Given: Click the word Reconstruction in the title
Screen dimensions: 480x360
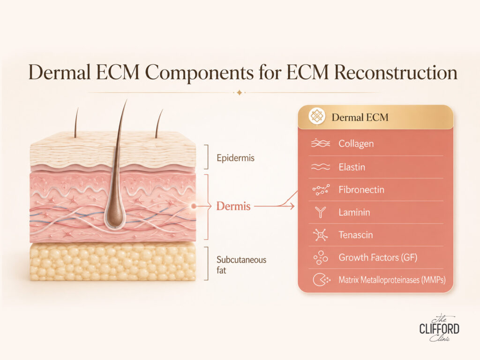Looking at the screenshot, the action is coord(396,73).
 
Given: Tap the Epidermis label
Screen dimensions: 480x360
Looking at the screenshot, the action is coord(235,158).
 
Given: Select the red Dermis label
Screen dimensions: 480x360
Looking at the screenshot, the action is coord(233,206).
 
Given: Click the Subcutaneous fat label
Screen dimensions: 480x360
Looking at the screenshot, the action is coord(241,265).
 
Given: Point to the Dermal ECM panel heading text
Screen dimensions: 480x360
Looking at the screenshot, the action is coord(360,117).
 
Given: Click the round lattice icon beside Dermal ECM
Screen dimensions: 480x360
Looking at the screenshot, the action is coord(316,116).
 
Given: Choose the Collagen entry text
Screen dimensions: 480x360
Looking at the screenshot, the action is coord(356,143).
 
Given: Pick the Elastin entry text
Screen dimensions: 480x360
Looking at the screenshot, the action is coord(352,167).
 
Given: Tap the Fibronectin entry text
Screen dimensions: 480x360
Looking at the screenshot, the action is coord(361,190).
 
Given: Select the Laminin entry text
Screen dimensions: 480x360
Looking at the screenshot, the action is coord(354,212).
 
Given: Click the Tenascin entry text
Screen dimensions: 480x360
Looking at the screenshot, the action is coord(356,235).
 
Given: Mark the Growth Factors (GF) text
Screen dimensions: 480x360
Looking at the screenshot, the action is coord(378,257).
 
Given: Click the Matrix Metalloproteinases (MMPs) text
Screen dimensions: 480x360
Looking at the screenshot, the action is coord(392,280).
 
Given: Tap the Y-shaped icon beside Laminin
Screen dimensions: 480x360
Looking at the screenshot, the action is coord(321,212).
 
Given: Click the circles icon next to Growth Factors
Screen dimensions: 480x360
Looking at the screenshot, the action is coord(321,257).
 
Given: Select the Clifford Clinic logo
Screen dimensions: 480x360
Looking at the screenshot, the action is coord(439,328).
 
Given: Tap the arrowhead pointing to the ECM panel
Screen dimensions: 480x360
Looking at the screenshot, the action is coord(292,206).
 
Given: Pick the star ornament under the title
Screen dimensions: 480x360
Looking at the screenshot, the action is coord(240,92).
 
